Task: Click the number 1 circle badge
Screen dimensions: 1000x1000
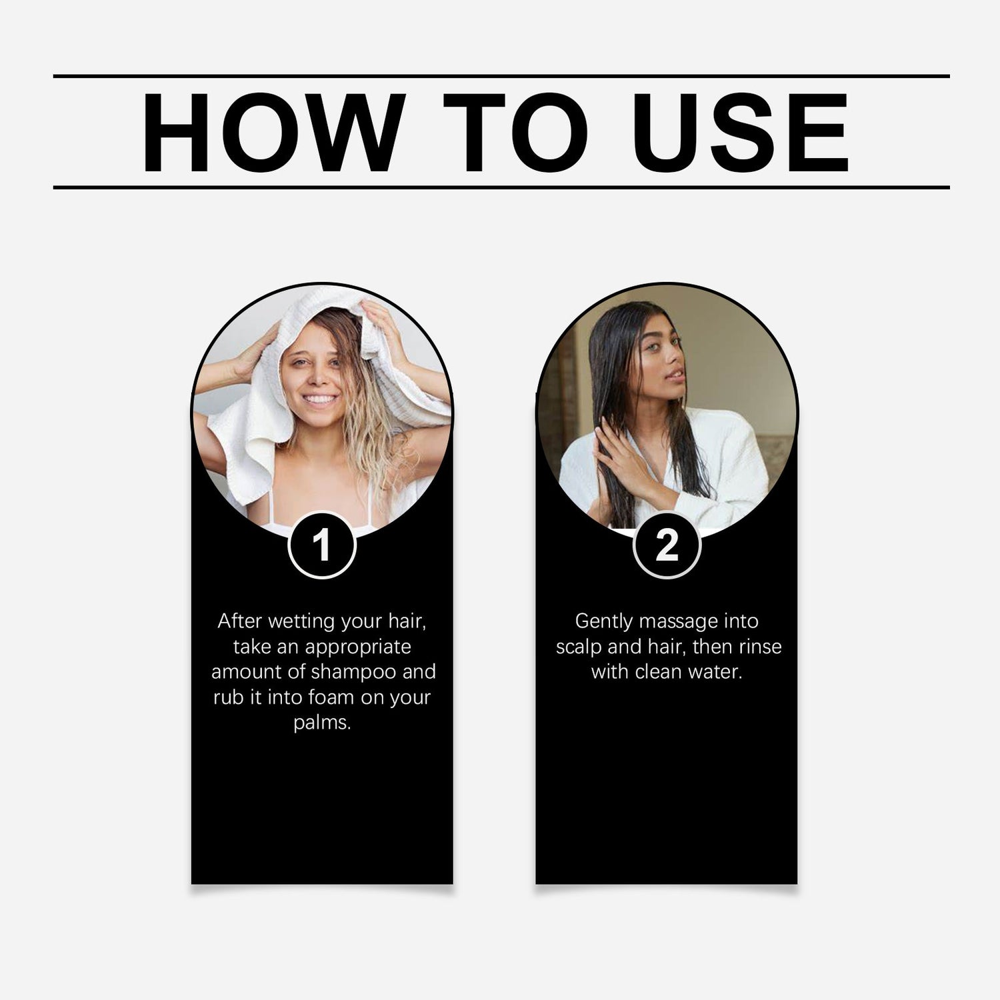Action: (x=322, y=545)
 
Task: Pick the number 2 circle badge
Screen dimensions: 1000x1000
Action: (x=667, y=545)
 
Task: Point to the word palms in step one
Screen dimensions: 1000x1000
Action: (x=322, y=723)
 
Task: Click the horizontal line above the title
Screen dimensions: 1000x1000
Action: (x=501, y=77)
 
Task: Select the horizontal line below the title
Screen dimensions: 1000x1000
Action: (x=501, y=187)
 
